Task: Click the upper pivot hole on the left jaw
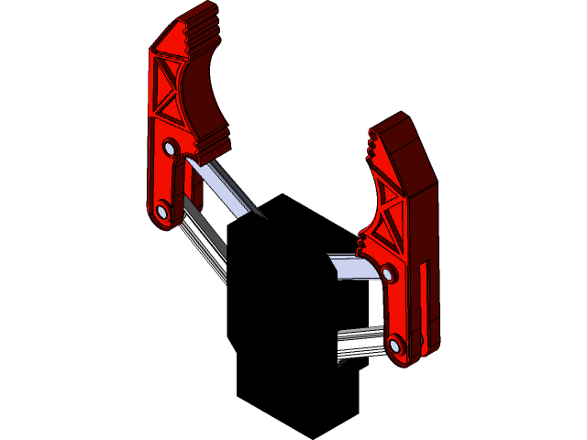tap(170, 147)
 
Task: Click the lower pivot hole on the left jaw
tap(162, 212)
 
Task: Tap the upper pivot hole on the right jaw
tap(387, 273)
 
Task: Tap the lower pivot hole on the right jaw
tap(395, 346)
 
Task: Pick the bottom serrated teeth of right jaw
tap(363, 245)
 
